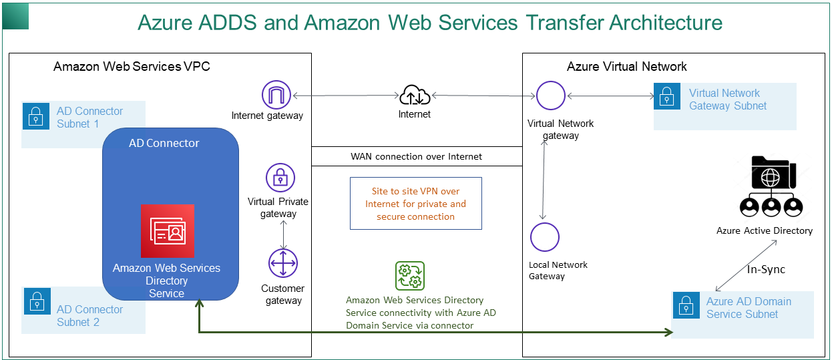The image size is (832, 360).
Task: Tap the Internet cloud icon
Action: click(x=415, y=96)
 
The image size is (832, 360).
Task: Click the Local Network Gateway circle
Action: click(x=545, y=237)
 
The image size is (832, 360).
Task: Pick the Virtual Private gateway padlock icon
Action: click(x=280, y=178)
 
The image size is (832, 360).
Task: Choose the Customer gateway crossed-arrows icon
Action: click(x=283, y=263)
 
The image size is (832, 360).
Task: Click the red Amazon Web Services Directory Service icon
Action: click(x=168, y=231)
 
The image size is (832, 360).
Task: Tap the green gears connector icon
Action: click(x=410, y=276)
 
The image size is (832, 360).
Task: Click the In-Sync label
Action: click(x=766, y=270)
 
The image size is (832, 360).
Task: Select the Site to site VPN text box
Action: click(x=415, y=204)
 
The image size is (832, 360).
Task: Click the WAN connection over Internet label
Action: click(x=416, y=156)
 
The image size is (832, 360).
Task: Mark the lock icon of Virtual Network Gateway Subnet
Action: click(x=666, y=97)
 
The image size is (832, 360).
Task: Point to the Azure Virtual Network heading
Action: click(x=627, y=66)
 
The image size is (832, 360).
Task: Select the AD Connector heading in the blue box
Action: click(x=164, y=143)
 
